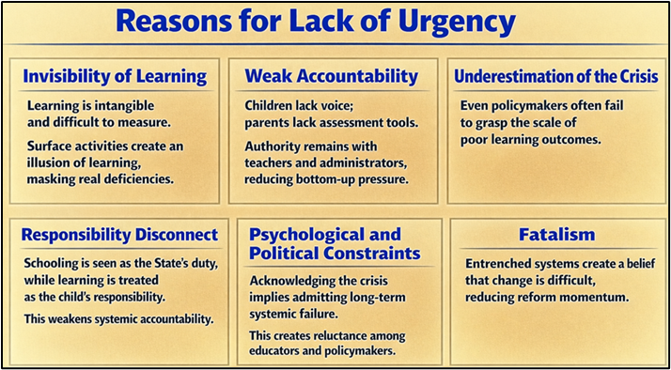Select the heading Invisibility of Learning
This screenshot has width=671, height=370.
(x=114, y=75)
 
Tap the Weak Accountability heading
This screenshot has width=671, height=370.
(x=331, y=75)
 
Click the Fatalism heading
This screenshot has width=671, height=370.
(x=557, y=234)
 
